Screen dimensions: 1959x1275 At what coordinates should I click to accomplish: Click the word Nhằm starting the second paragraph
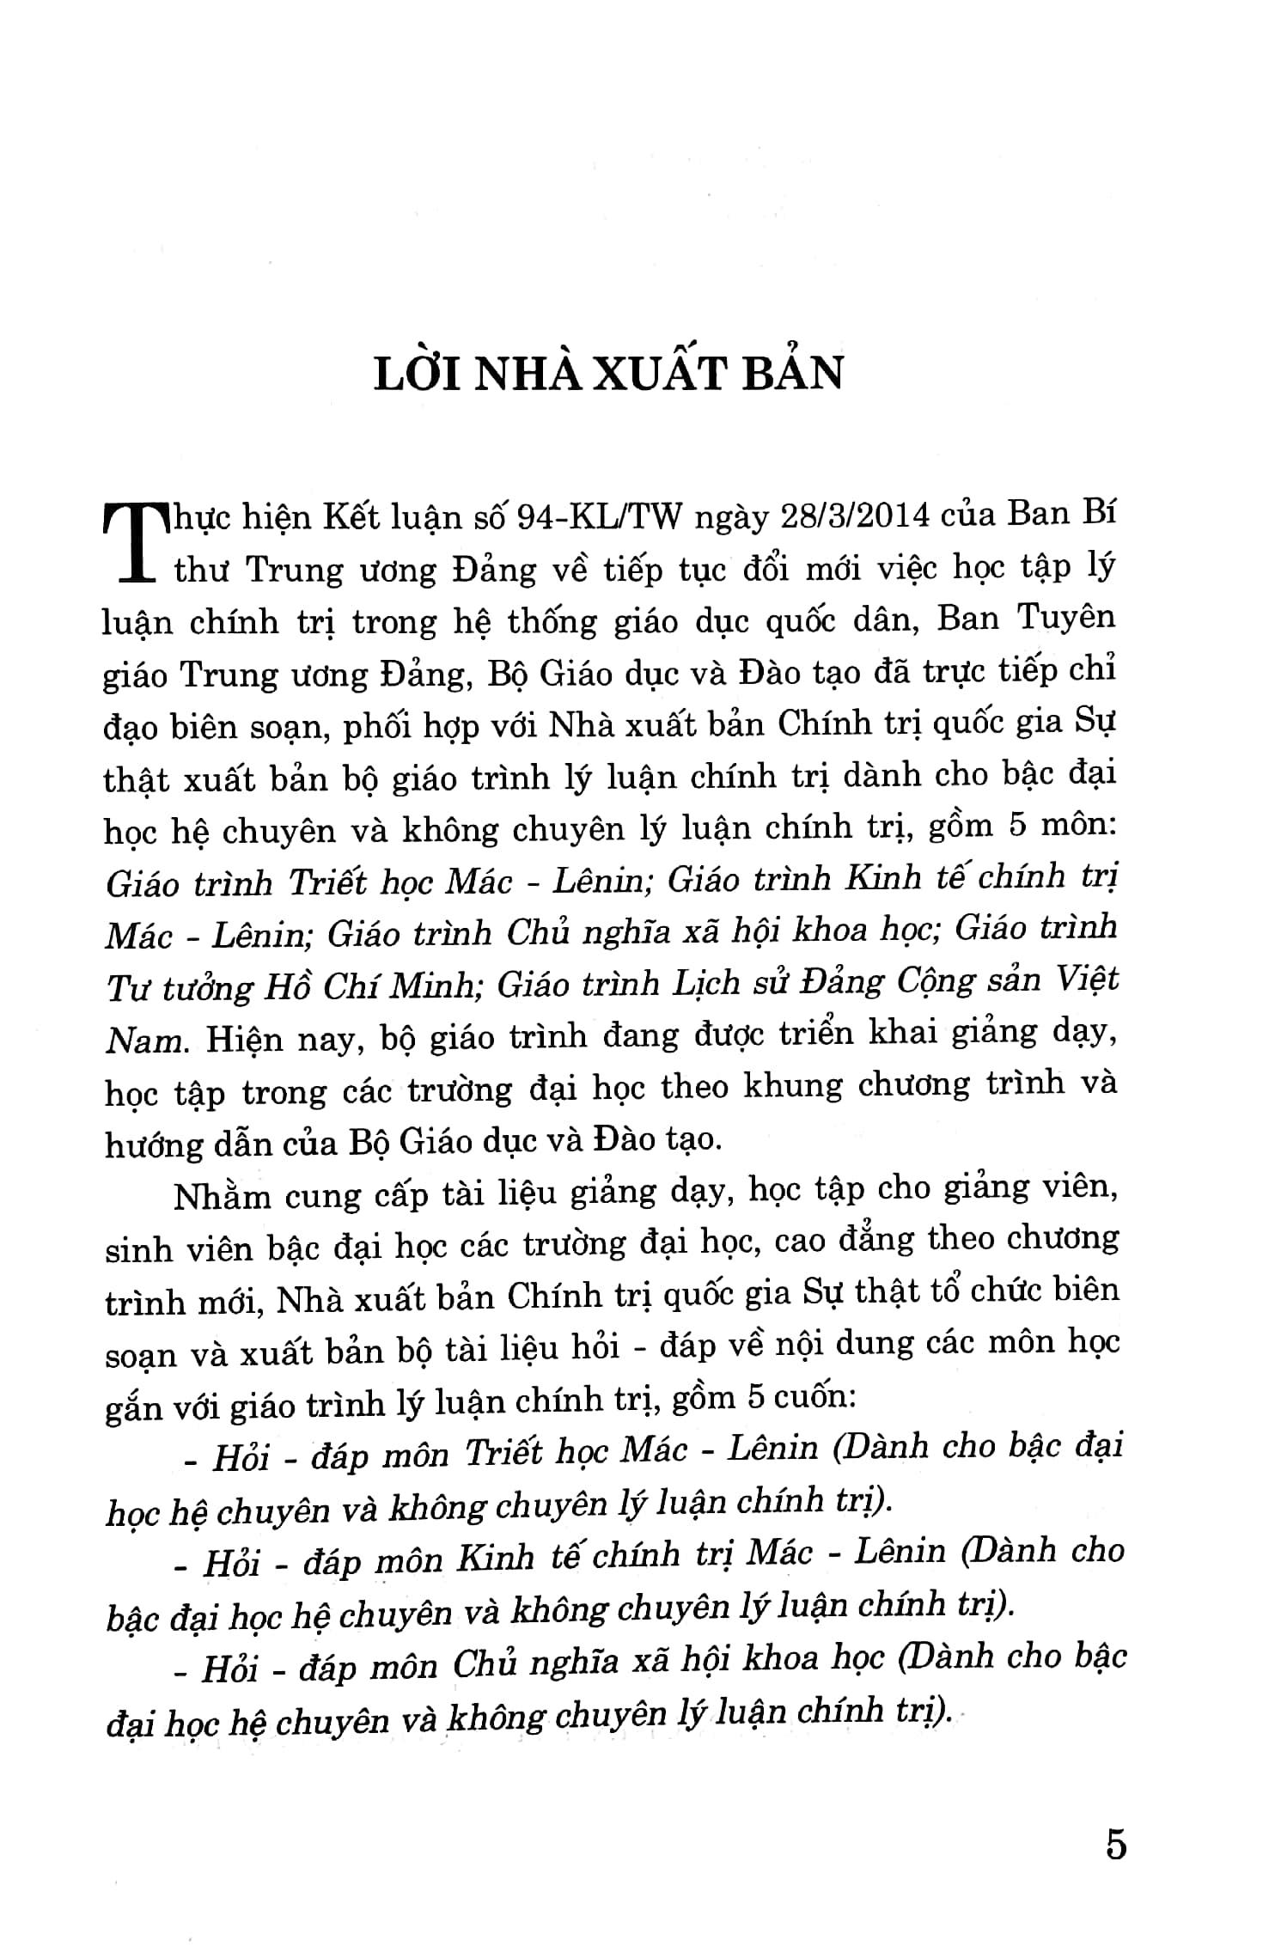point(223,1195)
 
